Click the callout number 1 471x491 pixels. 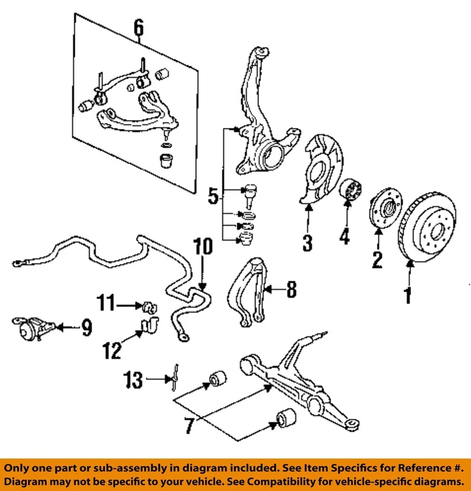pos(408,295)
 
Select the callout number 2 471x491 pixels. pos(377,260)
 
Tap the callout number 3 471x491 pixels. pos(307,242)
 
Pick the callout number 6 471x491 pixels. pos(139,29)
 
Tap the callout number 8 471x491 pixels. pos(290,290)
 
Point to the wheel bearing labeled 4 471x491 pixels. pos(350,192)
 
